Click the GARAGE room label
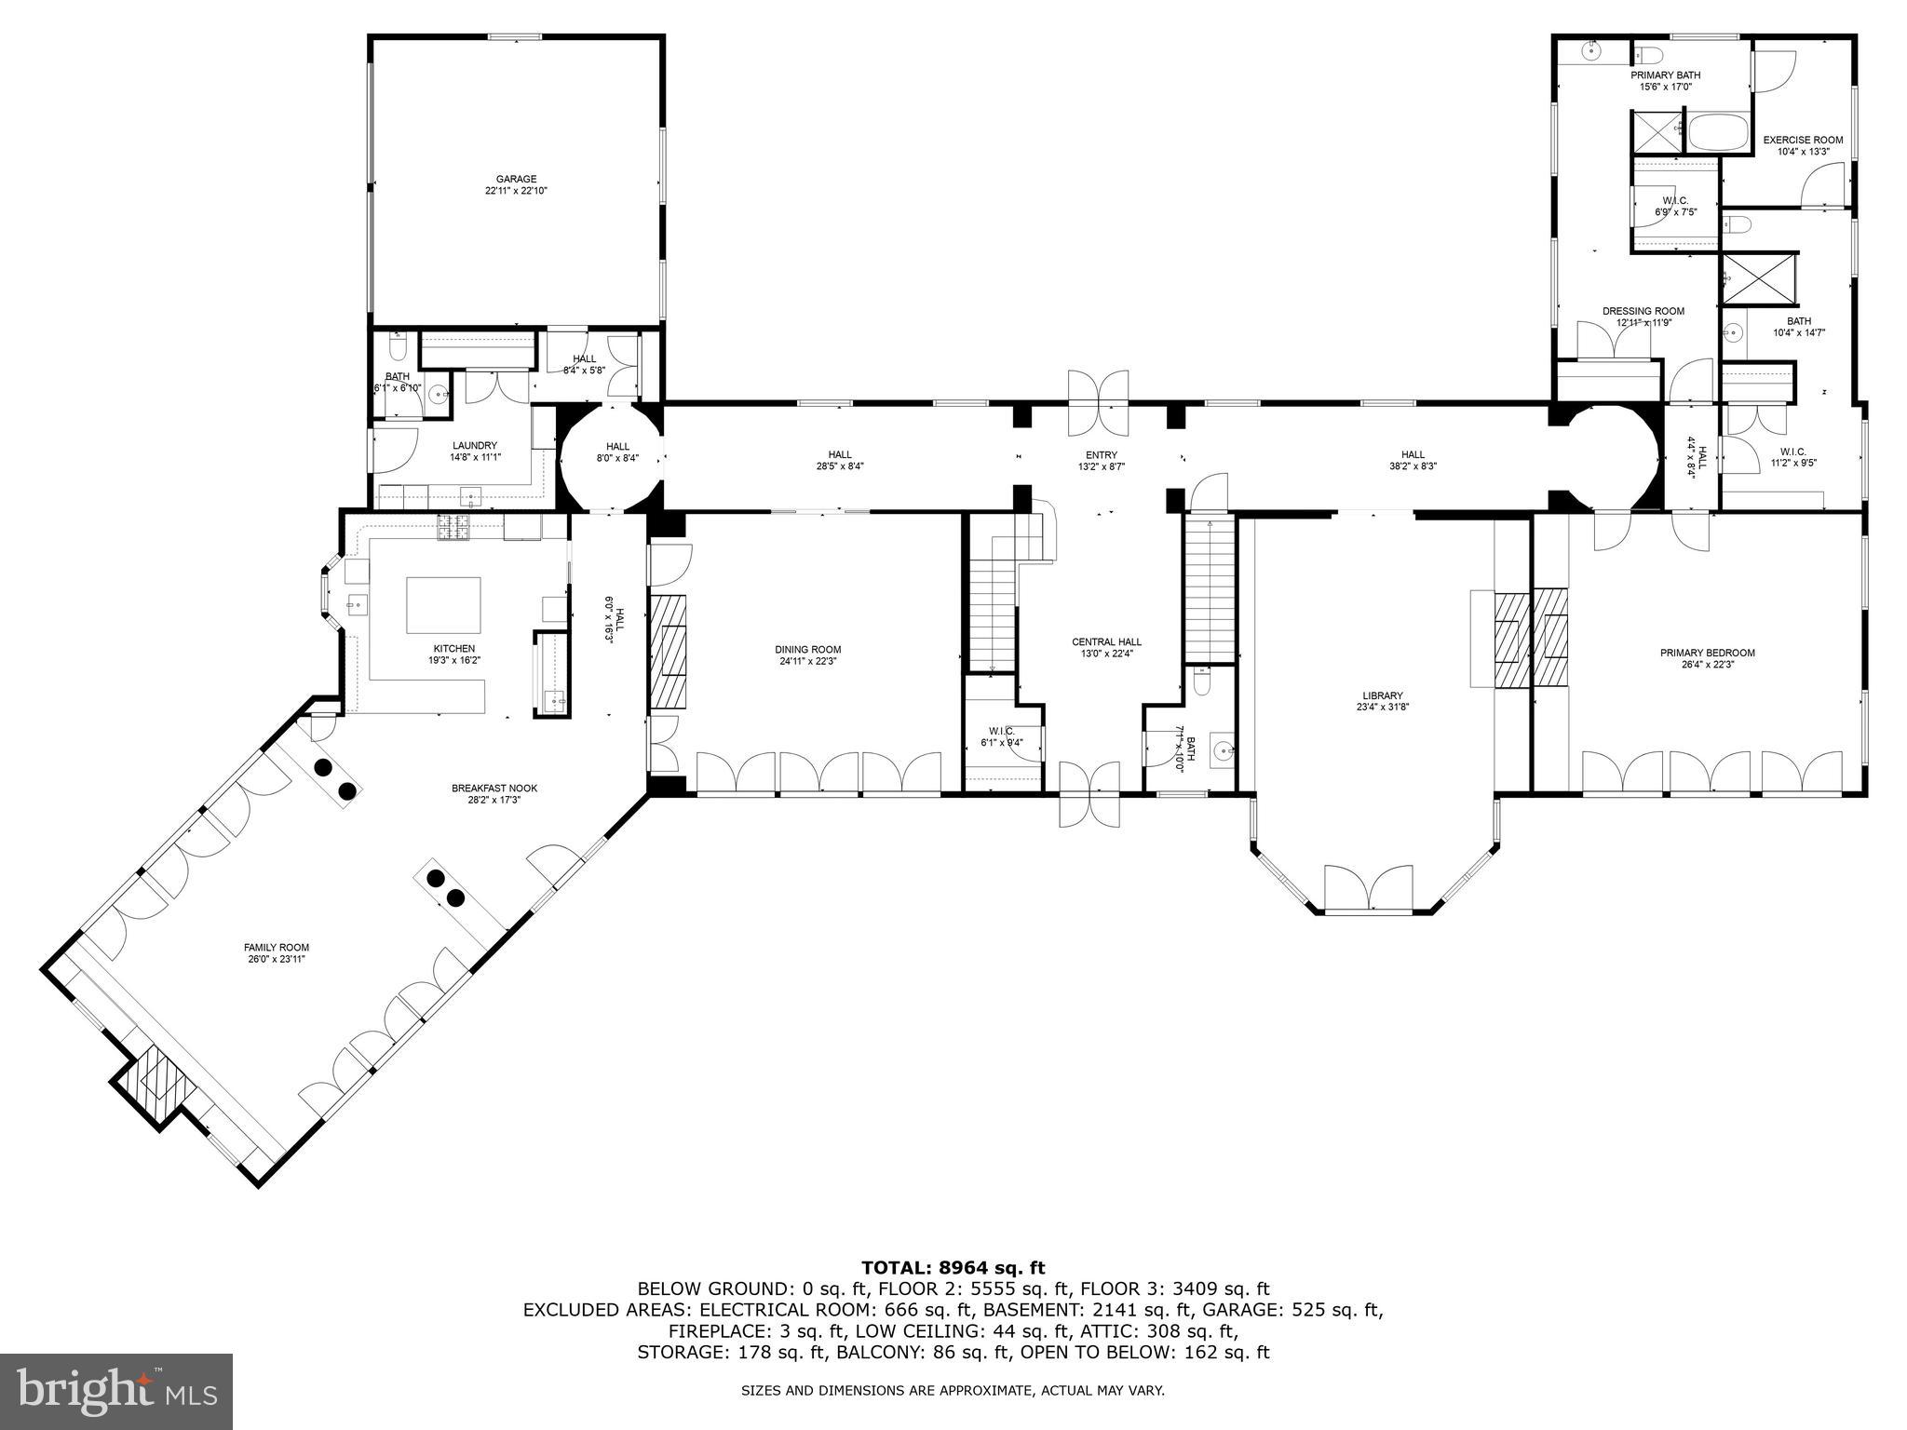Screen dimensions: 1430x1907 pyautogui.click(x=516, y=179)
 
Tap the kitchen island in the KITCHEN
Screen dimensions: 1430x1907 pyautogui.click(x=443, y=605)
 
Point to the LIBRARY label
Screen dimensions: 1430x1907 pyautogui.click(x=1382, y=695)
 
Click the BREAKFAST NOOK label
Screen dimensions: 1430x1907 pyautogui.click(x=494, y=789)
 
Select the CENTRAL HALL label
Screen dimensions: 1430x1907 pyautogui.click(x=1106, y=641)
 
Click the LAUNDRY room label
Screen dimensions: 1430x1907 pyautogui.click(x=475, y=446)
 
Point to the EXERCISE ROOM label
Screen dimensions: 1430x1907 pyautogui.click(x=1803, y=141)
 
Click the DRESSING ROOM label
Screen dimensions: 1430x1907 pyautogui.click(x=1643, y=311)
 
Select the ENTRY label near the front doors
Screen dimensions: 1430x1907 pyautogui.click(x=1101, y=455)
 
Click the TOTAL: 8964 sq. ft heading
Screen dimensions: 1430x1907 pyautogui.click(x=953, y=1267)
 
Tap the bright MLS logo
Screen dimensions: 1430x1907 pyautogui.click(x=116, y=1390)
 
